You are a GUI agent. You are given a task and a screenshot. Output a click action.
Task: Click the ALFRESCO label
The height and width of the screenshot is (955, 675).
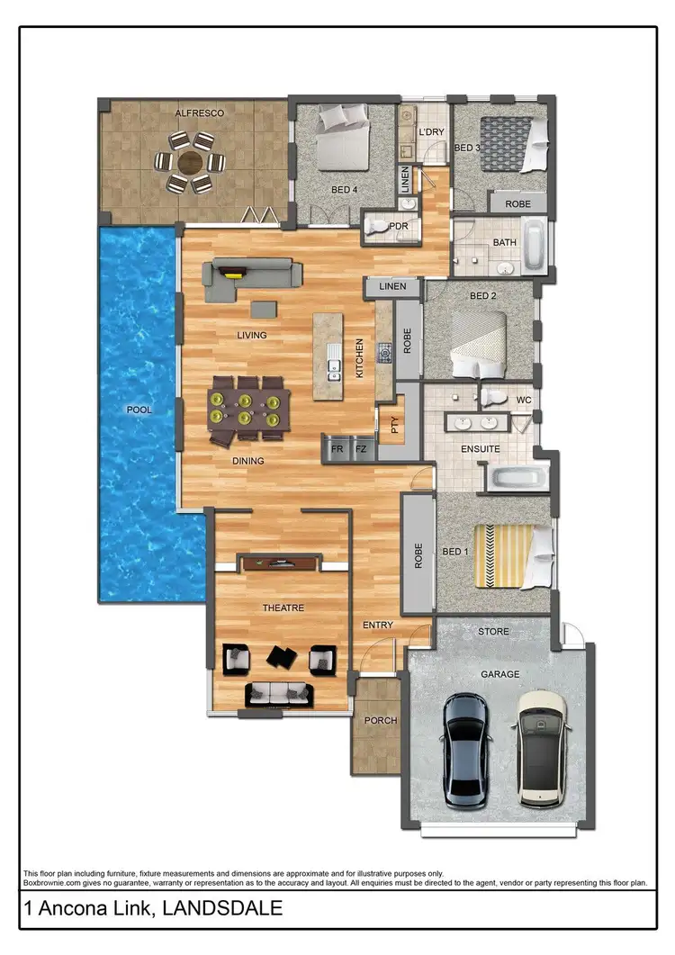click(199, 113)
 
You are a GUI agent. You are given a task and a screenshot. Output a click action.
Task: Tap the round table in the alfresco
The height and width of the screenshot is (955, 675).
click(190, 163)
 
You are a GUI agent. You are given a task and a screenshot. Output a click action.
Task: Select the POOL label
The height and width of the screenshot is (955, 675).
click(139, 410)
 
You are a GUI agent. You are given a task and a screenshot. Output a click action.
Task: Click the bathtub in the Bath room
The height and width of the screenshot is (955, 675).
click(533, 248)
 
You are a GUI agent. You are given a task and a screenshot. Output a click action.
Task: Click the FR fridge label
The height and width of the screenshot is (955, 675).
click(337, 447)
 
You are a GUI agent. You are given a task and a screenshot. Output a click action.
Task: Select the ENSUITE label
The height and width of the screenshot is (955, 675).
click(480, 448)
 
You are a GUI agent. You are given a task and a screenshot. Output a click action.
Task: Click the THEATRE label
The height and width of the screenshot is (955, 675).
click(283, 608)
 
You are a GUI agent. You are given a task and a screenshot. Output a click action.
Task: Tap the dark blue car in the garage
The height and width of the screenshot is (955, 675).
click(468, 749)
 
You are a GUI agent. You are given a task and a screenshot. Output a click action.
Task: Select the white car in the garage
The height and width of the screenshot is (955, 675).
click(541, 747)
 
